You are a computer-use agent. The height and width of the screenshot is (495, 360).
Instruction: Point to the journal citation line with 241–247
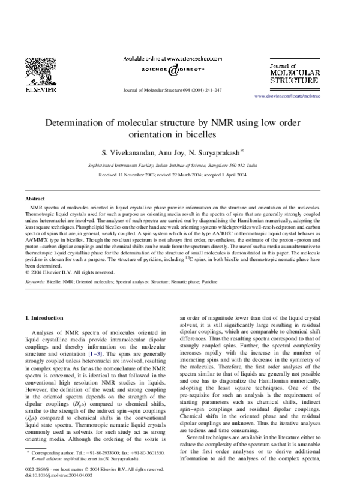[172, 90]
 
